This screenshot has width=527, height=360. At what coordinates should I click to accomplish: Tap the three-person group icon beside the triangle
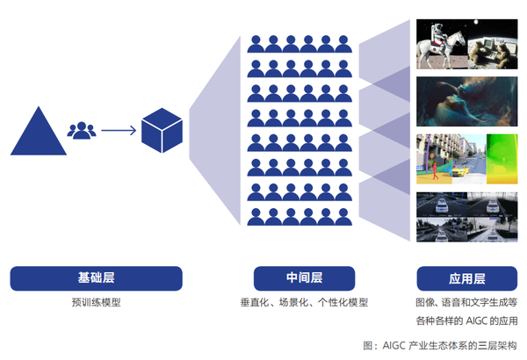click(x=82, y=131)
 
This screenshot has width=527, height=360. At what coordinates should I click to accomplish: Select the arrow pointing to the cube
click(x=118, y=131)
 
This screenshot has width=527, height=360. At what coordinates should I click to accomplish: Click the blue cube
click(x=162, y=131)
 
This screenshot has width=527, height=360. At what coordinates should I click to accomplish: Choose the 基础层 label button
click(x=96, y=278)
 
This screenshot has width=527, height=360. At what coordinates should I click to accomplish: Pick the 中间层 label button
click(x=304, y=278)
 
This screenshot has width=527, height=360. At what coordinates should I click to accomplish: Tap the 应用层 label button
click(x=466, y=278)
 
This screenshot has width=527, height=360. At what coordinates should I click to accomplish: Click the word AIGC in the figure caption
click(x=394, y=345)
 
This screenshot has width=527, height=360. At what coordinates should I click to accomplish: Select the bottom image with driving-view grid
click(x=466, y=215)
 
